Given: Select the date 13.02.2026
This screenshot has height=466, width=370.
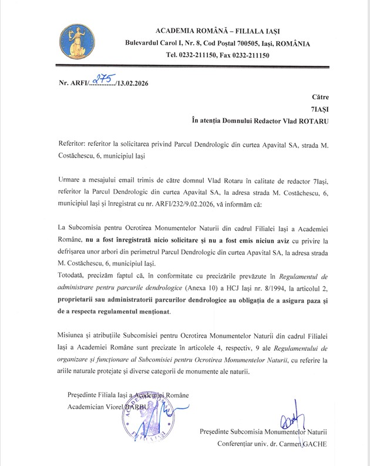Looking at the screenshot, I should pyautogui.click(x=132, y=84).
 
